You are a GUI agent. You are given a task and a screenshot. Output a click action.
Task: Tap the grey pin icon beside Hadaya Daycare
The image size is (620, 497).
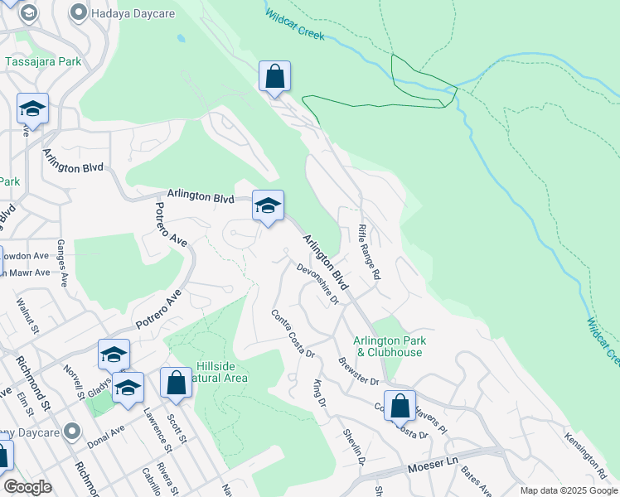coord(80,12)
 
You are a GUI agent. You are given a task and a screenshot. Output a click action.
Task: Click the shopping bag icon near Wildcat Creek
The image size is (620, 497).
coord(274,77)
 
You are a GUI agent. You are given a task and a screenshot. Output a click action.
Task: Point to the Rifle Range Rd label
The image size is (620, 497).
coord(369,250)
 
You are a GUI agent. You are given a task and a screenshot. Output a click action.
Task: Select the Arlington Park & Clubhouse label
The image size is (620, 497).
coord(388,346)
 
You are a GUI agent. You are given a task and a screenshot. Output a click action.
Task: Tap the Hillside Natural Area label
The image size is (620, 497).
coord(221,372)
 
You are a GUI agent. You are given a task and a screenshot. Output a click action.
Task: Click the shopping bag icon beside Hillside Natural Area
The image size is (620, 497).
coord(176,384)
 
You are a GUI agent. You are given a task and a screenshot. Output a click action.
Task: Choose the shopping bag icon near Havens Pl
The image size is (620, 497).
coord(400,407)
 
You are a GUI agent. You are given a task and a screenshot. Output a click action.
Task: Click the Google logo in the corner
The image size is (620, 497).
coord(27,486)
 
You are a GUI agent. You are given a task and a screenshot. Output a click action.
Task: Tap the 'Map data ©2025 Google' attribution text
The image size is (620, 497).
coord(568,490)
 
